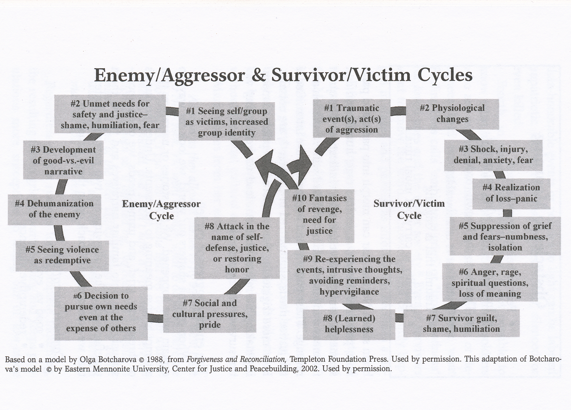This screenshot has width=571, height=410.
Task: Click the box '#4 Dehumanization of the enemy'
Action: [54, 209]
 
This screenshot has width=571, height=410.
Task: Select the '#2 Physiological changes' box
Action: [452, 114]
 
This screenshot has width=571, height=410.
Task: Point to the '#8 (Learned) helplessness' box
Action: [349, 324]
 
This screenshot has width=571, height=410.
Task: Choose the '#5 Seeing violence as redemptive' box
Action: [62, 255]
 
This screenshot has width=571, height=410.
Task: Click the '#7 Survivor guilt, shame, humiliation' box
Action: [461, 324]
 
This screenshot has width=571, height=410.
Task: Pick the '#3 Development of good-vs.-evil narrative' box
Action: [63, 161]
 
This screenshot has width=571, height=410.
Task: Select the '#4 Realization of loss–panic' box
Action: [511, 193]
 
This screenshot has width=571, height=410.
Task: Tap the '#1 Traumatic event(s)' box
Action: [351, 119]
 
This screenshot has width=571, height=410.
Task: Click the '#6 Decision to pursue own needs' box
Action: [101, 312]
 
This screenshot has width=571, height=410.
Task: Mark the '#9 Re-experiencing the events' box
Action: [349, 276]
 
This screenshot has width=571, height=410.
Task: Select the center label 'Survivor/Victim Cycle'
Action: [409, 210]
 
